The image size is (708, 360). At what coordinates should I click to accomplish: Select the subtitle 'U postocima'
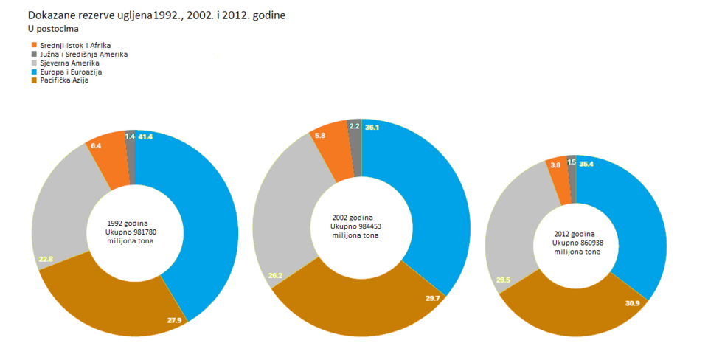click(52, 30)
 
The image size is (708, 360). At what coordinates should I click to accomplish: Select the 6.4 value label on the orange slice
click(96, 146)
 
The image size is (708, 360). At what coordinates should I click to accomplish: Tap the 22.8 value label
click(45, 259)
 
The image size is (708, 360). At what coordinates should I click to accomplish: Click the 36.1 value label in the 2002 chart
click(372, 127)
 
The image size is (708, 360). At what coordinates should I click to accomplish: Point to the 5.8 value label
click(319, 136)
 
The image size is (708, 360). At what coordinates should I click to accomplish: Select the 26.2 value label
click(275, 275)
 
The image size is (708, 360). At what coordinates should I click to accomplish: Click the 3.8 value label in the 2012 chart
click(555, 165)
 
